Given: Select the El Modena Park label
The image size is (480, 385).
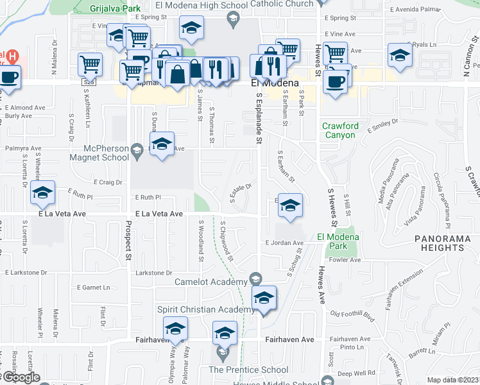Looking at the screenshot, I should [338, 241].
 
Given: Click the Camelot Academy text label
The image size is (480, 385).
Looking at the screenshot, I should [212, 281].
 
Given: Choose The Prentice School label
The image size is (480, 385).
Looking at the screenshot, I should [248, 370].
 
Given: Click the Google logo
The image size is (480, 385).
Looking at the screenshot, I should [21, 377].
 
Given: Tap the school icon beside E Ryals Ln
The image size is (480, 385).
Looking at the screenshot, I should [400, 55].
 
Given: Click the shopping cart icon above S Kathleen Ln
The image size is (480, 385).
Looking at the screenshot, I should [90, 64].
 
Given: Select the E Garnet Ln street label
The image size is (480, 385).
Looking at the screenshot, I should [93, 287].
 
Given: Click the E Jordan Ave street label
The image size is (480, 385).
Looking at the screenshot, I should [284, 243].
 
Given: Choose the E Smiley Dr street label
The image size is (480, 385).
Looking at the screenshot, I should [379, 129].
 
